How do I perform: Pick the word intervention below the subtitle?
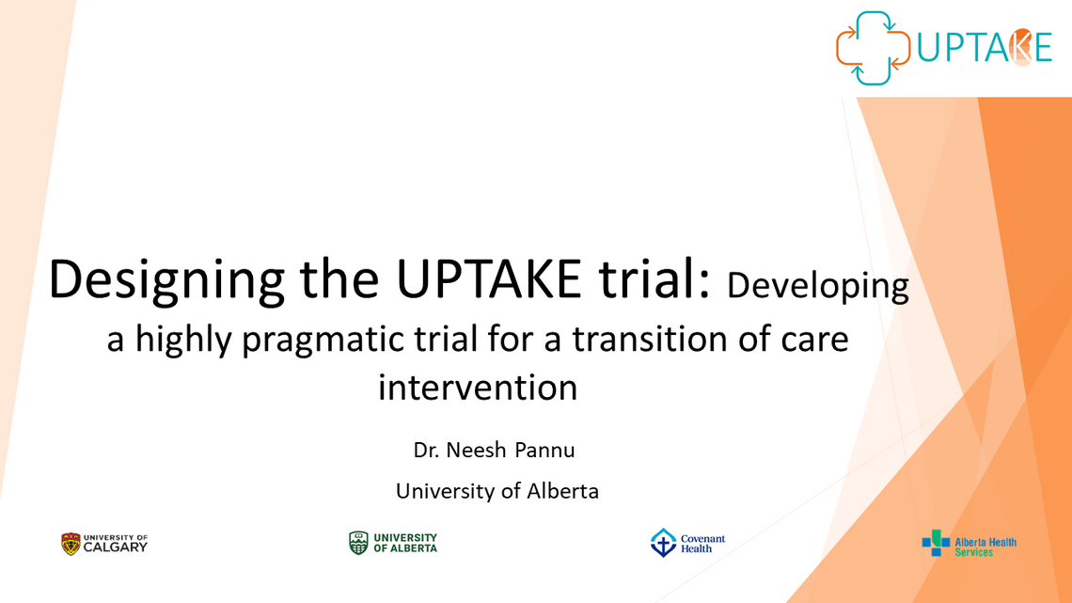[478, 387]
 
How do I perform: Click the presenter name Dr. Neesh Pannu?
[494, 450]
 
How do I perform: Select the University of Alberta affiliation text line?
[497, 490]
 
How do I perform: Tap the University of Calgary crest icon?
[71, 544]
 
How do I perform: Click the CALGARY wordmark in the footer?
[116, 547]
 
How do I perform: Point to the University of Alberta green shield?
[358, 543]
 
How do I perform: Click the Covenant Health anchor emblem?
[663, 543]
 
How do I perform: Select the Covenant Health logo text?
[702, 544]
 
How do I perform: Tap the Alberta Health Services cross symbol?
[936, 543]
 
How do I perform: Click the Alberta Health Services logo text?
[985, 547]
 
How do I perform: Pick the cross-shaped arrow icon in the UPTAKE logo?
[874, 48]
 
